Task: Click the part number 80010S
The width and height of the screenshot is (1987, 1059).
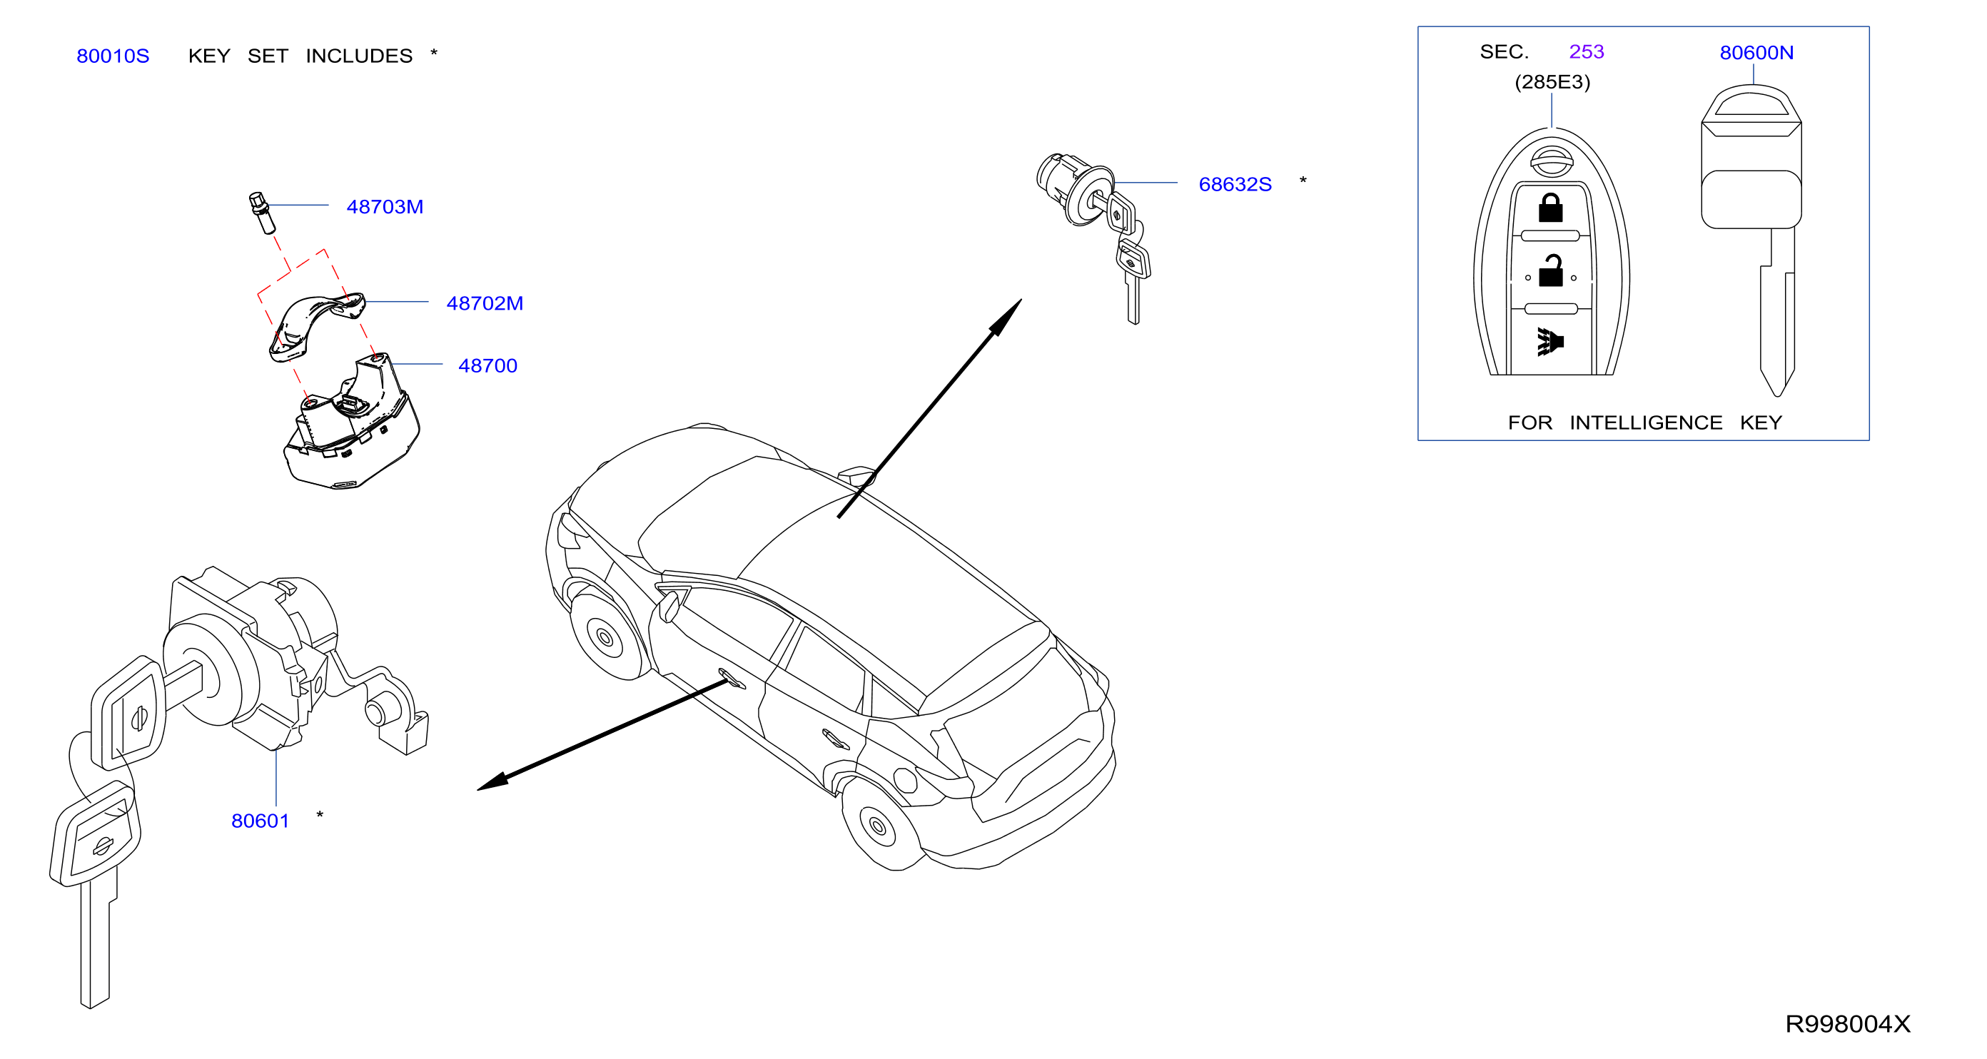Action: pos(113,56)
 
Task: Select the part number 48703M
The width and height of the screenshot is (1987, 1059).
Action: pos(384,207)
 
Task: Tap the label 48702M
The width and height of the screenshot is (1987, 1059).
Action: pos(485,303)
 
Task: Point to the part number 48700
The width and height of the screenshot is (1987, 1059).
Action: pos(487,365)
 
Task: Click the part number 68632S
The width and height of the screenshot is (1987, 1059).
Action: pos(1235,184)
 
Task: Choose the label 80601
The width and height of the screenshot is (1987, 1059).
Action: pos(260,821)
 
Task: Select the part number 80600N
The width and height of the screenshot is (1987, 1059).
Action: pos(1756,52)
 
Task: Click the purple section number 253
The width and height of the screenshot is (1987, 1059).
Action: pos(1586,51)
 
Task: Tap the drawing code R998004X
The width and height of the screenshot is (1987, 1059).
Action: pos(1847,1023)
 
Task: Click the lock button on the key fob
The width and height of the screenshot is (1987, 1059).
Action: pos(1550,208)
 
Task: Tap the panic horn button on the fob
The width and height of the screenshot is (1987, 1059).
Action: pos(1549,341)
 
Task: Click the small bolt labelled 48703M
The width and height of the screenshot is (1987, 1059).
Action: pos(262,212)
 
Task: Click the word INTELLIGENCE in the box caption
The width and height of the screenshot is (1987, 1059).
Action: pos(1645,422)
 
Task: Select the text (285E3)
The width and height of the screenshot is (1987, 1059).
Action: pos(1552,82)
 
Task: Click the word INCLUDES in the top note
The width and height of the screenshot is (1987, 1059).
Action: pos(359,56)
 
